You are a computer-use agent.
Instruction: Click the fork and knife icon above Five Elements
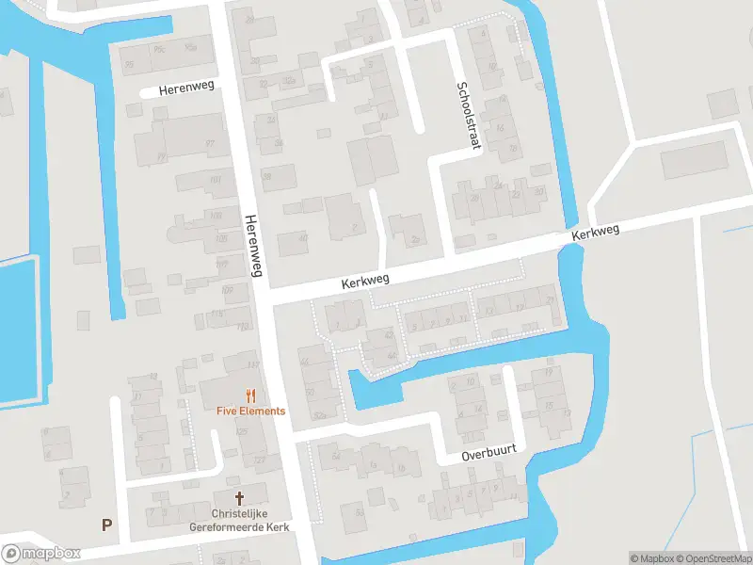[x=250, y=395]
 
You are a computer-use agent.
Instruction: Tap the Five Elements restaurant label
[x=250, y=412]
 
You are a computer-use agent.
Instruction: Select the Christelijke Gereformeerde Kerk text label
[x=239, y=520]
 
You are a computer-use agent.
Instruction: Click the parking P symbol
[x=106, y=525]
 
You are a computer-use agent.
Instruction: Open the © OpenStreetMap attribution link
[x=714, y=557]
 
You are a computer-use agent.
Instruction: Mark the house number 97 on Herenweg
[x=210, y=144]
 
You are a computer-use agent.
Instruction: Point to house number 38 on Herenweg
[x=266, y=176]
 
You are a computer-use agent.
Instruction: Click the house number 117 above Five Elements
[x=252, y=365]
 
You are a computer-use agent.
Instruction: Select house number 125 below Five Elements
[x=242, y=431]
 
